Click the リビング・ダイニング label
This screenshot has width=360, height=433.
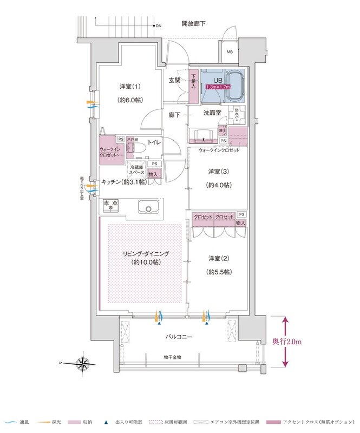click(145, 253)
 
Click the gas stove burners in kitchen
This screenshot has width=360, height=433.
click(111, 205)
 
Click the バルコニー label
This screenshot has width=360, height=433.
click(179, 337)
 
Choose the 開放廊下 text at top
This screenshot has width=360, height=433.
click(193, 24)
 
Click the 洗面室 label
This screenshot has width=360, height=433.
click(212, 113)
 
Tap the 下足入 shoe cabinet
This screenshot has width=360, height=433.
click(193, 86)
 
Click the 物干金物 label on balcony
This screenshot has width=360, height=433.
click(173, 357)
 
